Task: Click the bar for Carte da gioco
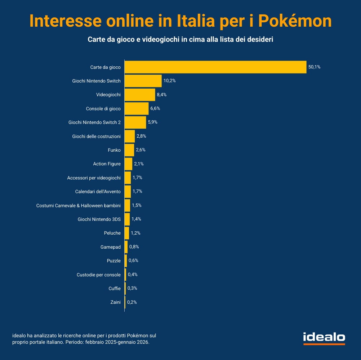[x=215, y=67]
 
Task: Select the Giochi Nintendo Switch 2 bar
[x=135, y=122]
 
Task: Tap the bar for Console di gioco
[x=137, y=108]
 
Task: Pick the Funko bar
[x=129, y=150]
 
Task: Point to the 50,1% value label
[x=314, y=67]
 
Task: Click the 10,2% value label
[x=169, y=81]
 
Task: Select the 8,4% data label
[x=162, y=95]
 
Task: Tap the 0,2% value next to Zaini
[x=132, y=302]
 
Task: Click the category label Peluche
[x=112, y=233]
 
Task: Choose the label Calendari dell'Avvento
[x=98, y=191]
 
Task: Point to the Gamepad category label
[x=111, y=247]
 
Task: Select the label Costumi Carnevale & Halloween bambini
[x=79, y=205]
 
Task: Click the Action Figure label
[x=107, y=164]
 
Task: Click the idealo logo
[x=324, y=338]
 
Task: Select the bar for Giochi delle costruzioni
[x=130, y=136]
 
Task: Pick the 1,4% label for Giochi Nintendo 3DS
[x=136, y=219]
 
